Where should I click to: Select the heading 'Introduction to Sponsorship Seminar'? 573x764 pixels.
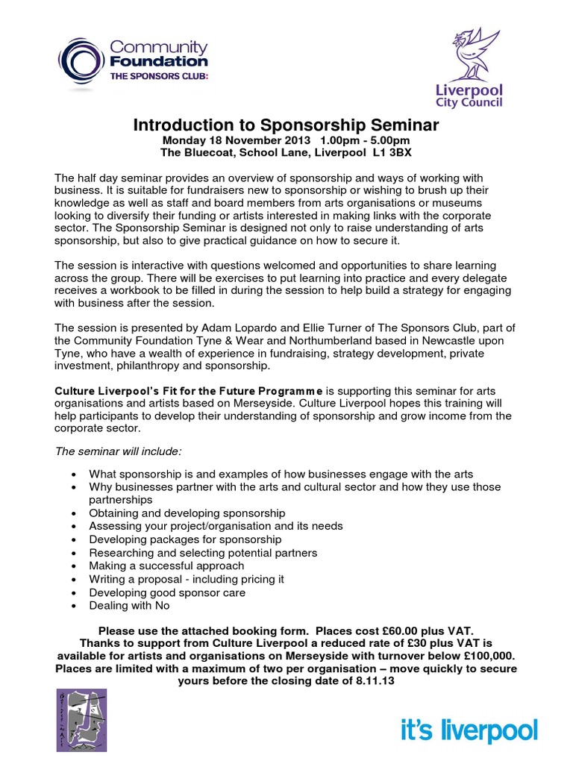(286, 125)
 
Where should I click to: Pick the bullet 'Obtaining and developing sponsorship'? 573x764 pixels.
(187, 513)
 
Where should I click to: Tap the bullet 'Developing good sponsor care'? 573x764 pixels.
(166, 592)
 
